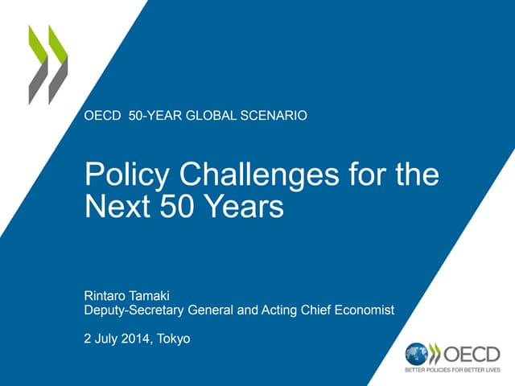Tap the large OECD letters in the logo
[x=475, y=353]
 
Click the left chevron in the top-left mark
[x=39, y=64]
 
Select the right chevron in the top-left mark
[x=58, y=64]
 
